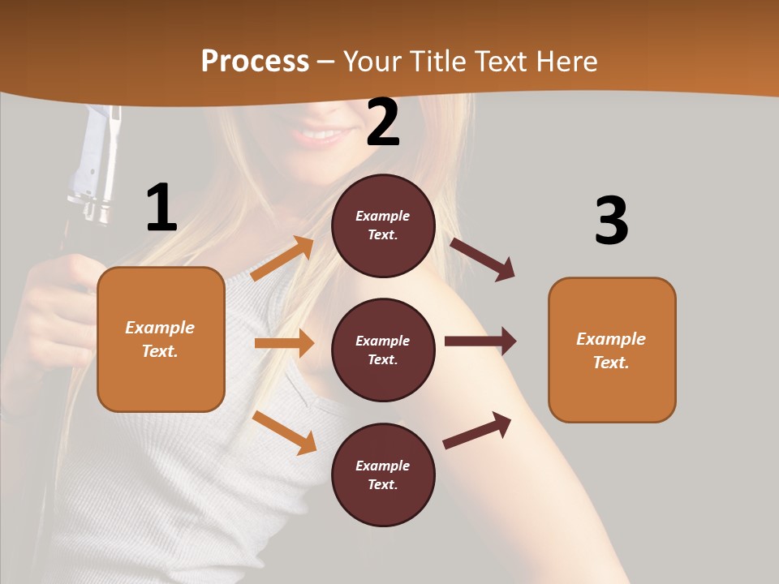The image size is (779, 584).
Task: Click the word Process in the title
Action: (x=255, y=62)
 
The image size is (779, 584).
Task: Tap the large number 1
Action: (x=161, y=208)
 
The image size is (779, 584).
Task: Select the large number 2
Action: (x=383, y=122)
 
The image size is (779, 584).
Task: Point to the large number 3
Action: (x=611, y=221)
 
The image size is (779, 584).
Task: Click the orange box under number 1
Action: (x=161, y=339)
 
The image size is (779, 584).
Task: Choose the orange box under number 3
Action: (x=612, y=350)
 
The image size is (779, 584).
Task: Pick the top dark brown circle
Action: (x=383, y=225)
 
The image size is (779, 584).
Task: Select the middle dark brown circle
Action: (x=383, y=350)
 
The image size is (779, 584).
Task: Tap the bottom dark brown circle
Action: (x=383, y=474)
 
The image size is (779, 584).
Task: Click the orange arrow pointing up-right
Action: (x=282, y=259)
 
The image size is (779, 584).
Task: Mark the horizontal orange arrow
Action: (x=284, y=343)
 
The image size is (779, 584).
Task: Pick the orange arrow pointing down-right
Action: (x=284, y=432)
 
